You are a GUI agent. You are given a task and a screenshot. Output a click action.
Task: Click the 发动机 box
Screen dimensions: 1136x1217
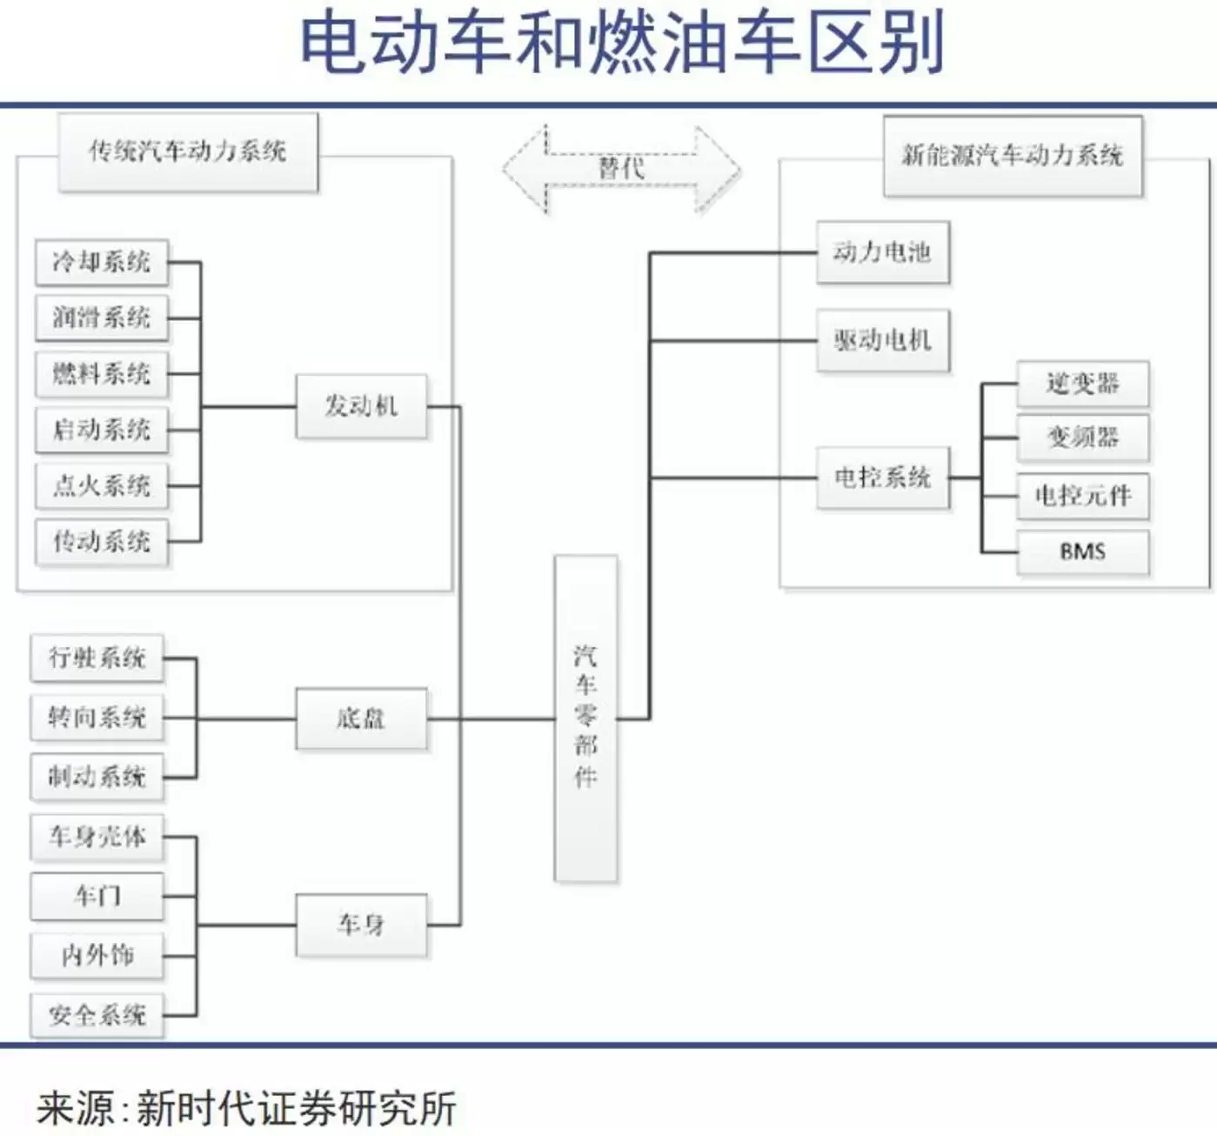(x=361, y=406)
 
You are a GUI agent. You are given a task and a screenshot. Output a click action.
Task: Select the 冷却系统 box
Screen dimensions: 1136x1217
(x=102, y=262)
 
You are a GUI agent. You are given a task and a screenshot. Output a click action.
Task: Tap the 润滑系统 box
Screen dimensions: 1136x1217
(x=102, y=317)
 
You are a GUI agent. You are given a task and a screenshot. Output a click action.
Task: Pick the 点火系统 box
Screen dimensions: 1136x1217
(x=102, y=485)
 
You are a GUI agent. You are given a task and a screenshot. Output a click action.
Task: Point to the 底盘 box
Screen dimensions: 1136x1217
(x=361, y=718)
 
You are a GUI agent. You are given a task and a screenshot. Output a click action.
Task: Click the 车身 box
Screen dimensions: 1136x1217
(x=361, y=925)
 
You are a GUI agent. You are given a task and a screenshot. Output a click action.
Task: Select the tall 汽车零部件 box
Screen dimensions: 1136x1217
(x=585, y=718)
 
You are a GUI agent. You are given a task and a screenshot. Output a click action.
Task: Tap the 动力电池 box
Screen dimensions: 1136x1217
(x=882, y=252)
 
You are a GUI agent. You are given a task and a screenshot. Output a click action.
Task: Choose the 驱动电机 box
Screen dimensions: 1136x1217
(x=882, y=340)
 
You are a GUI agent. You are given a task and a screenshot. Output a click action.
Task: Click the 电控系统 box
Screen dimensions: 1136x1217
(x=882, y=477)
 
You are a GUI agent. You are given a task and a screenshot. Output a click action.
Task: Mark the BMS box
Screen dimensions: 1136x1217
(x=1082, y=551)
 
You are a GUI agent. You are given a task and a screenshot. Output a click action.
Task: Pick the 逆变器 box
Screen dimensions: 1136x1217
(x=1082, y=384)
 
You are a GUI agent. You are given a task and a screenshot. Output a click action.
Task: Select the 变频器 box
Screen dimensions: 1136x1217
(x=1082, y=438)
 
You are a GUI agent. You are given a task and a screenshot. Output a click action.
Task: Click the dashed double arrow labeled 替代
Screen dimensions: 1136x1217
(x=621, y=169)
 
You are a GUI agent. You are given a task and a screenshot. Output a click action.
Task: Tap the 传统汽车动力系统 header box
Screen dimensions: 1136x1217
(x=188, y=152)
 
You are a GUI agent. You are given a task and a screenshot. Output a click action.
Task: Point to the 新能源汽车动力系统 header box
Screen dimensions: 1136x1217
(x=1013, y=156)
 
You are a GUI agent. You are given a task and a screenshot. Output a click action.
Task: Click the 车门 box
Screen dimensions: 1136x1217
(x=97, y=896)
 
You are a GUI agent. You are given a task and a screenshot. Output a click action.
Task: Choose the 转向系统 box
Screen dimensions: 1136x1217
(x=97, y=718)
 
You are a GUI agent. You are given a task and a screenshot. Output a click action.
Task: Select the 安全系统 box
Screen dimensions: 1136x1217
(x=97, y=1014)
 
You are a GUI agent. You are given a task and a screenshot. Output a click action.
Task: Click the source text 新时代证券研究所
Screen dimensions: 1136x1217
(x=296, y=1109)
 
